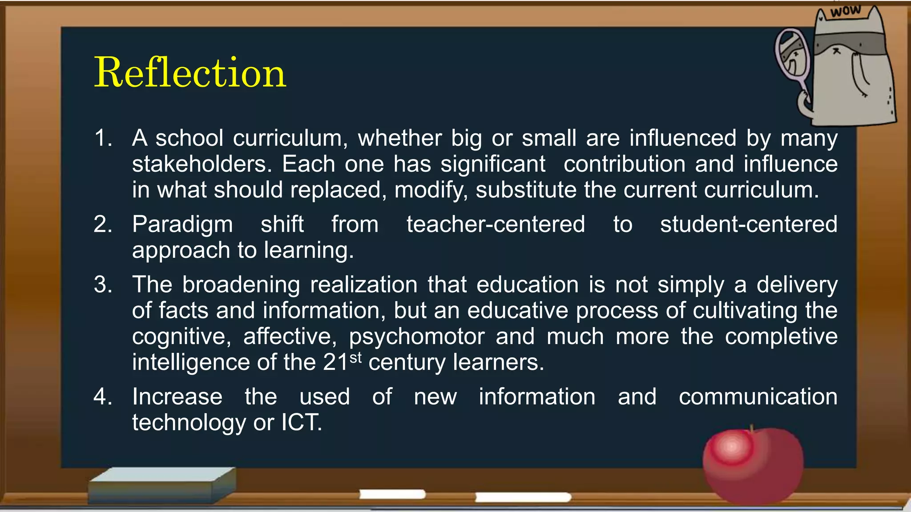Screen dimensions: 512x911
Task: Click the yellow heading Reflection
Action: click(x=190, y=72)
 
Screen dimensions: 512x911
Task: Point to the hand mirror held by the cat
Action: click(x=793, y=58)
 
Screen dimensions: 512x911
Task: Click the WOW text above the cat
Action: click(x=845, y=11)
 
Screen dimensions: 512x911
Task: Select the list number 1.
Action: click(x=103, y=138)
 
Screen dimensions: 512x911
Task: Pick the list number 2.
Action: click(x=103, y=224)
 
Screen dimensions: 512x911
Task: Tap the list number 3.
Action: click(x=103, y=284)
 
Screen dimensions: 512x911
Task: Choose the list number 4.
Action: click(x=103, y=396)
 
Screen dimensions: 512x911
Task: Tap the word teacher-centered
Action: click(x=496, y=224)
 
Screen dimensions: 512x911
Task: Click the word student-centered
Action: click(x=749, y=224)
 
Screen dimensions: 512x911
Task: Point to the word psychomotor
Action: click(x=417, y=337)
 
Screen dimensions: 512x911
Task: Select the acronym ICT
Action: click(x=301, y=422)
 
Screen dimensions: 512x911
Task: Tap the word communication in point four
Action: click(x=758, y=396)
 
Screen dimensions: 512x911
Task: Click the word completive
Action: click(x=781, y=337)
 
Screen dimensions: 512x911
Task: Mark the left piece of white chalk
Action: click(x=392, y=494)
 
